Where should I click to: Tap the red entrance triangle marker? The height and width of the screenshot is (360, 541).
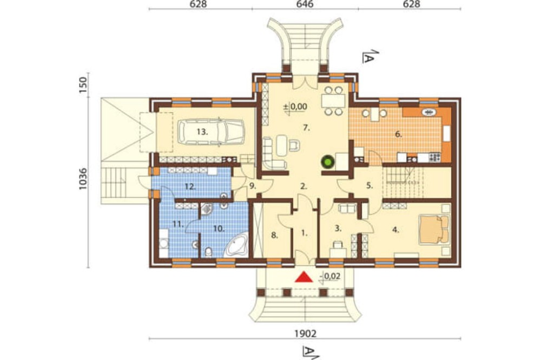304,277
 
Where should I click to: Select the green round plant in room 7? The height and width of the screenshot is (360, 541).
327,162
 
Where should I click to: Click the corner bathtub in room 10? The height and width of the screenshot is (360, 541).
236,245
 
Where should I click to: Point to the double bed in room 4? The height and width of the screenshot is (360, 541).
434,229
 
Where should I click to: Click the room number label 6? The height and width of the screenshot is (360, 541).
399,135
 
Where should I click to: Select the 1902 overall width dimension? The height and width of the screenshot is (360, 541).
305,334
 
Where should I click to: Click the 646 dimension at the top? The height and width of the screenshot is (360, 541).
305,4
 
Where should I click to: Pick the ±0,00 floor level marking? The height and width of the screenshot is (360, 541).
295,106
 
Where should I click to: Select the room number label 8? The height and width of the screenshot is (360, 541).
274,236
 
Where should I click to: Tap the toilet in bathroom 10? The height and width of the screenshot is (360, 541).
208,252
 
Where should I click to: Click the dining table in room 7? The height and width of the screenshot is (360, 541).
333,101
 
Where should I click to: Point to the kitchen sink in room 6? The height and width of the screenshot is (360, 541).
430,112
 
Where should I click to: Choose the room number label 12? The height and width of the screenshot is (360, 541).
190,187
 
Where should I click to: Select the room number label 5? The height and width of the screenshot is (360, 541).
370,186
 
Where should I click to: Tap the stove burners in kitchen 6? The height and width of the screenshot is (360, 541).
434,158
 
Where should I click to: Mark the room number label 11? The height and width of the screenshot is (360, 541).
177,224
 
